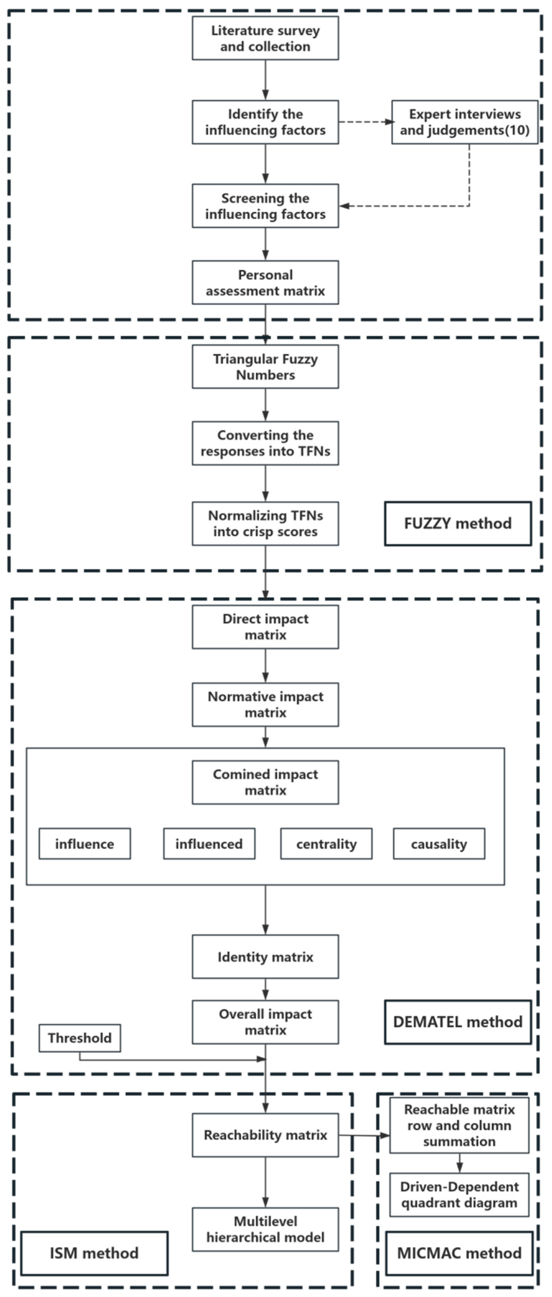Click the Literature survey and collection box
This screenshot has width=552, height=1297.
265,38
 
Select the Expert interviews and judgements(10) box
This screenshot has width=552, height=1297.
465,122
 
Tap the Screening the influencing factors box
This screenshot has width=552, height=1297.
265,206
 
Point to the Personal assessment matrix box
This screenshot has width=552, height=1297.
265,283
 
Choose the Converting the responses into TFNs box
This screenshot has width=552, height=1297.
265,443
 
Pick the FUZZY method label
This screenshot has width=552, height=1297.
457,524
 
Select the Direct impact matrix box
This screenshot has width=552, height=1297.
265,627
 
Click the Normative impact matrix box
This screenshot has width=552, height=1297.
265,705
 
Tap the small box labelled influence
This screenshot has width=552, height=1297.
84,844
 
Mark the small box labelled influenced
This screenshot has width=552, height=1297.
209,844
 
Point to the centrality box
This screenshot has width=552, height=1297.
326,844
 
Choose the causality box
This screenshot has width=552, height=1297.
439,844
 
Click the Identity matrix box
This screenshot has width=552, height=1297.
265,957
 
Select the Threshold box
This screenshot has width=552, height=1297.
80,1038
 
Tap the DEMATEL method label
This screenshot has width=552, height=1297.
457,1022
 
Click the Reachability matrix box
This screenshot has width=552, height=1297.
265,1135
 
